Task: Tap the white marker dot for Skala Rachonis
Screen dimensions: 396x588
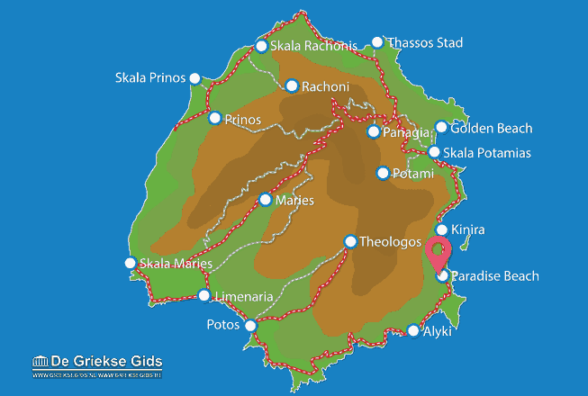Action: coord(261,46)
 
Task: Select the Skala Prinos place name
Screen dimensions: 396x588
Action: coord(149,77)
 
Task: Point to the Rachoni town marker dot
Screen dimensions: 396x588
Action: coord(291,86)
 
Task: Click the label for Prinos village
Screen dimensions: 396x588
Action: coord(243,119)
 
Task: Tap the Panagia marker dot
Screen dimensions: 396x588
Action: coord(374,132)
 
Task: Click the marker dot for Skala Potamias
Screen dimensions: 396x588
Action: coord(434,152)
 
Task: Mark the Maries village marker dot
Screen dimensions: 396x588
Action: coord(265,200)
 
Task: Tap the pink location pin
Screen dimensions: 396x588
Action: coord(439,252)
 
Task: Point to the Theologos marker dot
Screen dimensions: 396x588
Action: coord(350,241)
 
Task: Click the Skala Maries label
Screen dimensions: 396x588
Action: coord(176,264)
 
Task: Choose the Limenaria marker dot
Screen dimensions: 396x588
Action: coord(204,295)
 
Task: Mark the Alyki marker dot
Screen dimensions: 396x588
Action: coord(412,330)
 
